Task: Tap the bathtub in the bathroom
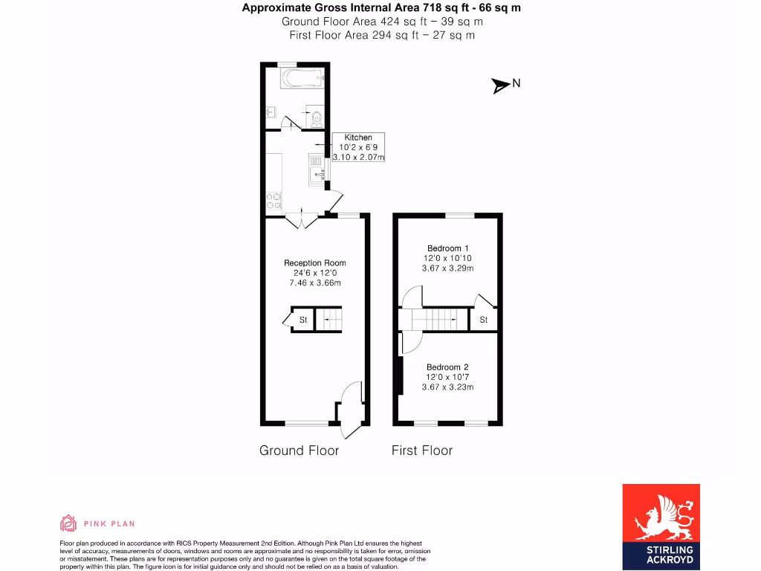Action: coord(302,77)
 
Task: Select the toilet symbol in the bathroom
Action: coord(317,116)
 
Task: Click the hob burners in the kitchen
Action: coord(273,201)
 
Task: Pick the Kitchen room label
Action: coord(358,138)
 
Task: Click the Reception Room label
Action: coord(314,262)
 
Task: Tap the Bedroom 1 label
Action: coord(447,248)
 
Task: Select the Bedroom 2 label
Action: coord(447,367)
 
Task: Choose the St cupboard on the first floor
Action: coord(483,320)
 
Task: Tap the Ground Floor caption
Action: coord(299,451)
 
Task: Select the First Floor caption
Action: coord(422,451)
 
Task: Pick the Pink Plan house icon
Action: coord(68,523)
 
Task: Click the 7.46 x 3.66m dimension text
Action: coord(314,283)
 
